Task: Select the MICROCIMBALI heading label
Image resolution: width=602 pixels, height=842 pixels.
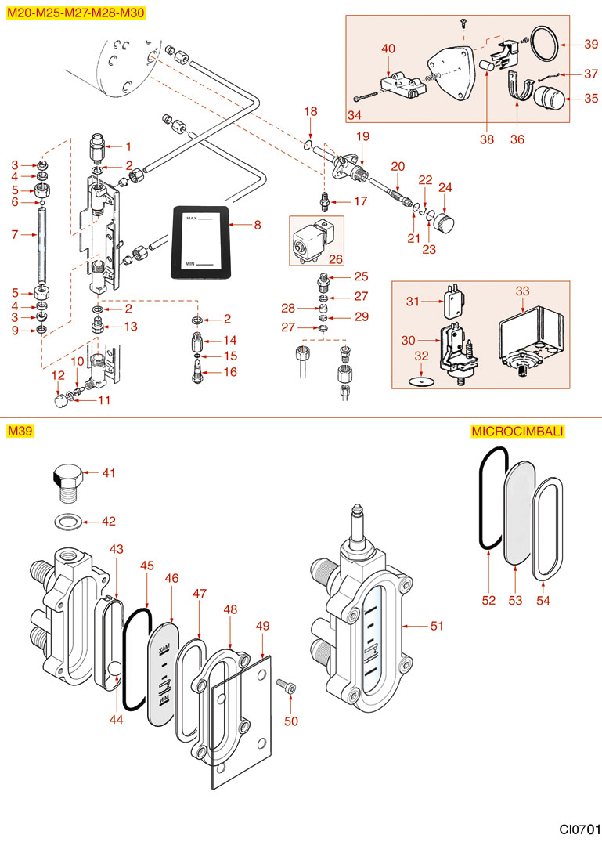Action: pyautogui.click(x=517, y=431)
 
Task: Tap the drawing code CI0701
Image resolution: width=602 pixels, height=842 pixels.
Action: pyautogui.click(x=579, y=828)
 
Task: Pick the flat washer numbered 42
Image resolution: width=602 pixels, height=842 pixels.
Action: pyautogui.click(x=67, y=521)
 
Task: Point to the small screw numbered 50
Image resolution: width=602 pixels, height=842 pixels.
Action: pyautogui.click(x=287, y=687)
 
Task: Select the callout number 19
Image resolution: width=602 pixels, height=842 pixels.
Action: pyautogui.click(x=362, y=136)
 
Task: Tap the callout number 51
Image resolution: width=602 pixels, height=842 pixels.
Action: pyautogui.click(x=437, y=626)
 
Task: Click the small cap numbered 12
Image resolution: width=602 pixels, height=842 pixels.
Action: pyautogui.click(x=59, y=401)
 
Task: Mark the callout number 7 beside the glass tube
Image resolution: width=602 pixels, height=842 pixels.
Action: pyautogui.click(x=14, y=235)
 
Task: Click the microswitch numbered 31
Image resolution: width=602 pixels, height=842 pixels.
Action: pyautogui.click(x=449, y=300)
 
